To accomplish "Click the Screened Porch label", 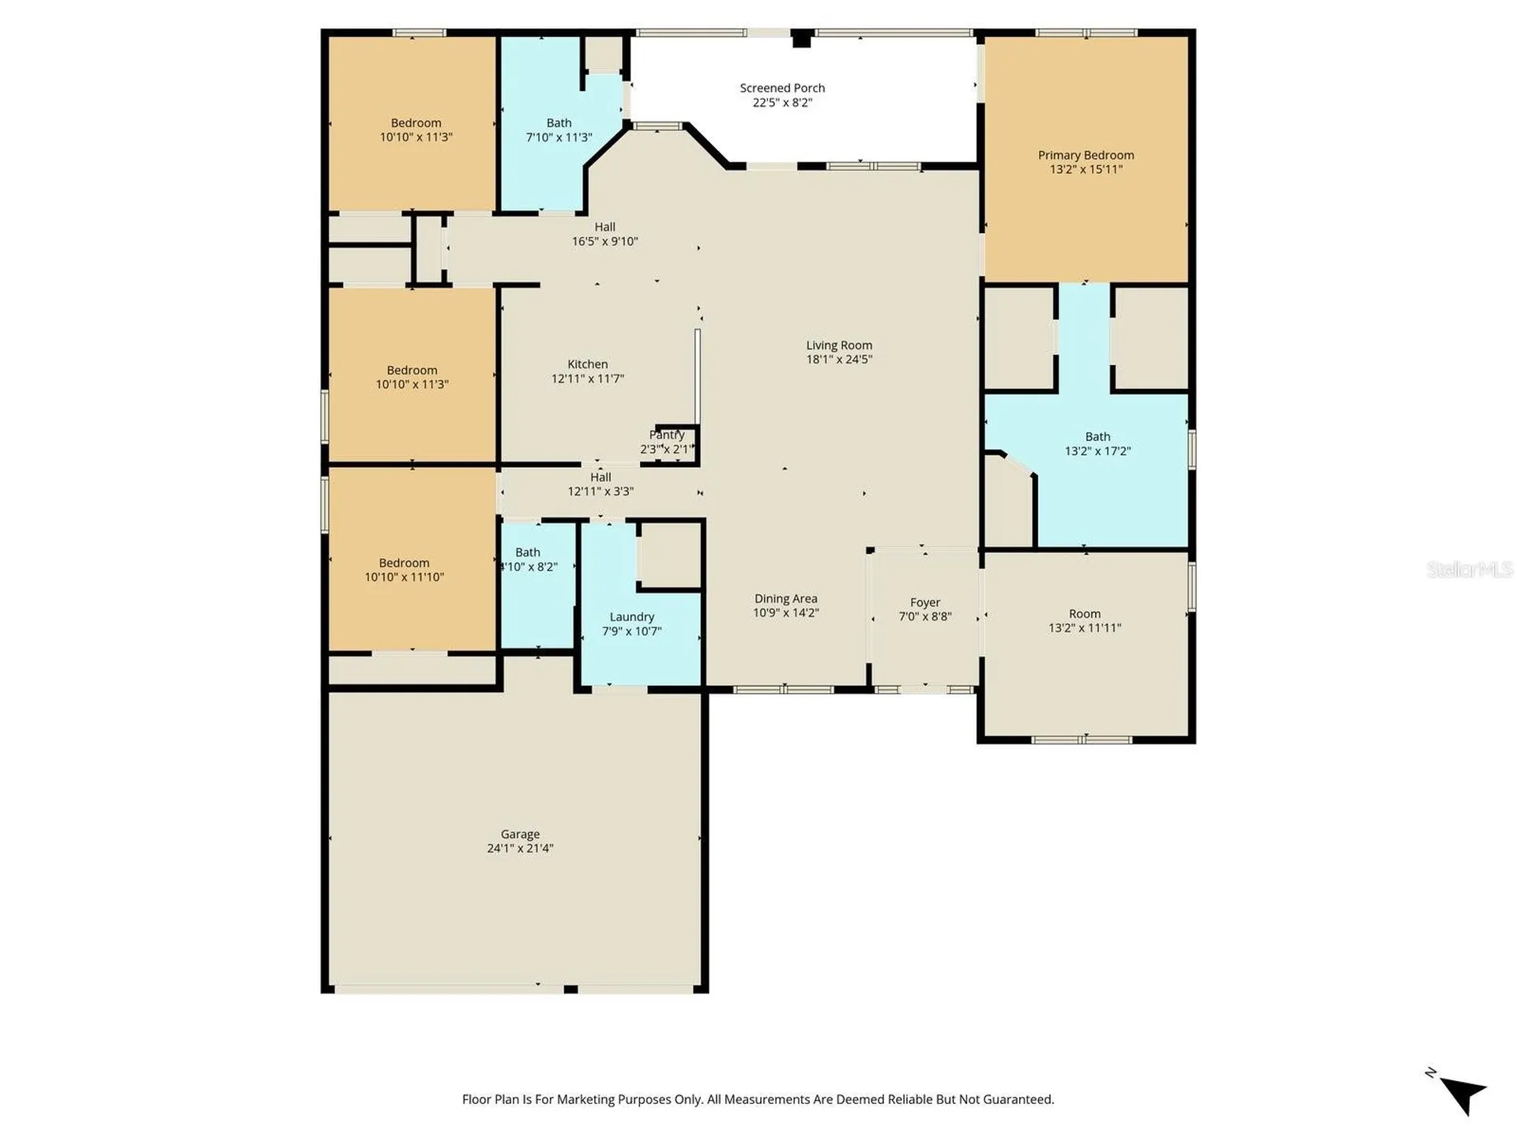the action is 782,88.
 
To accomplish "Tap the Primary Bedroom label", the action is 1086,155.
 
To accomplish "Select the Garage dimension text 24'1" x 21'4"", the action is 520,848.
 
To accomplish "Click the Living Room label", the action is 839,345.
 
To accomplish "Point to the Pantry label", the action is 667,435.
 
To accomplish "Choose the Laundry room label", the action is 632,617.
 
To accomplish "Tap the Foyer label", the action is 925,602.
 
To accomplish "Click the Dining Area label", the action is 785,598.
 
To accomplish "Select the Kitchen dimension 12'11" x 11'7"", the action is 588,379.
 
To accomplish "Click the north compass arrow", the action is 1462,1094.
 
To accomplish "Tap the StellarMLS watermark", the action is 1470,569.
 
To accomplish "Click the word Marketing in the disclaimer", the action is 586,1099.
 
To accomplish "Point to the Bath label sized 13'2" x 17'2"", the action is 1097,436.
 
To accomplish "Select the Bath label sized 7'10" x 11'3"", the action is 559,122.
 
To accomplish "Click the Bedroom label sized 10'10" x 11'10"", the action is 404,563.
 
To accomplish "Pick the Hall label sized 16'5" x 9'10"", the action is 604,227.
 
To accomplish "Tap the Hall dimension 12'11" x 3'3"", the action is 600,492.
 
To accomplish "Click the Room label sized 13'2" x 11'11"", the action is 1085,613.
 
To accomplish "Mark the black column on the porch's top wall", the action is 801,38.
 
